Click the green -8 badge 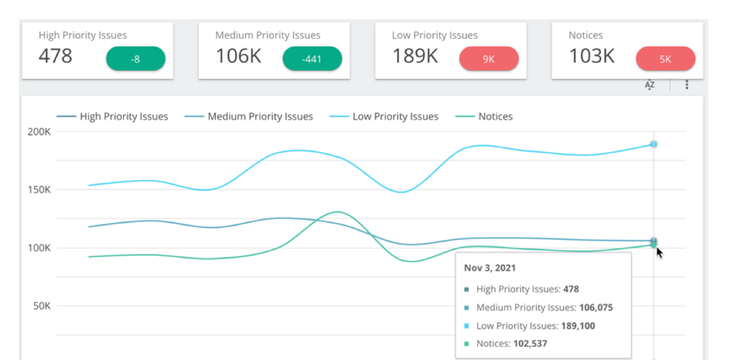pyautogui.click(x=136, y=59)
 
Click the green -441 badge pyautogui.click(x=312, y=59)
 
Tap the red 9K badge pyautogui.click(x=489, y=59)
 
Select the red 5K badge pyautogui.click(x=666, y=59)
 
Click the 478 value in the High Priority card pyautogui.click(x=55, y=57)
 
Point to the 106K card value pyautogui.click(x=238, y=57)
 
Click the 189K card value pyautogui.click(x=415, y=57)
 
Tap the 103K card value pyautogui.click(x=592, y=57)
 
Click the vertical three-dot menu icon pyautogui.click(x=687, y=85)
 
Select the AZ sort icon pyautogui.click(x=650, y=85)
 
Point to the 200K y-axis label pyautogui.click(x=40, y=132)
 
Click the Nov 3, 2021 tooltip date pyautogui.click(x=490, y=268)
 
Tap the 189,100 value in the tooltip pyautogui.click(x=578, y=326)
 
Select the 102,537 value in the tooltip pyautogui.click(x=530, y=344)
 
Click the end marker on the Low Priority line pyautogui.click(x=653, y=144)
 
